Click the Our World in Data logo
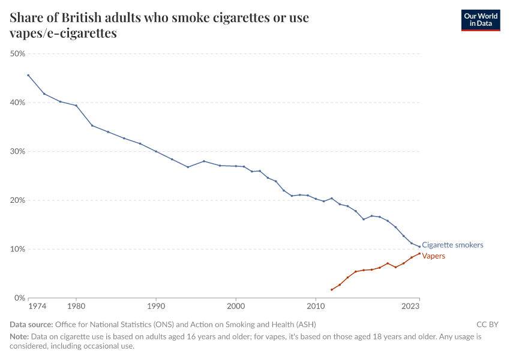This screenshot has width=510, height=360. pyautogui.click(x=480, y=20)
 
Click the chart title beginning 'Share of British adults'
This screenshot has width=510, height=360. pyautogui.click(x=159, y=25)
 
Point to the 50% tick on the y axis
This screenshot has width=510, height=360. pyautogui.click(x=17, y=53)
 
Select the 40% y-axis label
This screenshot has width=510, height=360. pyautogui.click(x=17, y=103)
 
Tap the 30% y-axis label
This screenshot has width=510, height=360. pyautogui.click(x=17, y=151)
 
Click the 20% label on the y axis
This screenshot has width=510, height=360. pyautogui.click(x=17, y=200)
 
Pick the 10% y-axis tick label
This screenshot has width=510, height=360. pyautogui.click(x=17, y=249)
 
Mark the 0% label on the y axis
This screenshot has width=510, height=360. pyautogui.click(x=19, y=298)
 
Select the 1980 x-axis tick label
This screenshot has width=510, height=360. pyautogui.click(x=76, y=307)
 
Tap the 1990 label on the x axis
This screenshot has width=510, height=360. pyautogui.click(x=156, y=307)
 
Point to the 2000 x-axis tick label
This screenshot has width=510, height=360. pyautogui.click(x=236, y=307)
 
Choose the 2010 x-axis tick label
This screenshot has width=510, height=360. pyautogui.click(x=316, y=307)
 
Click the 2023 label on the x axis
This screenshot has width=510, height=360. pyautogui.click(x=411, y=307)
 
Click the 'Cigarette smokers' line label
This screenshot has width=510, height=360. pyautogui.click(x=452, y=245)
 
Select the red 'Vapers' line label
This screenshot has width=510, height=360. pyautogui.click(x=434, y=256)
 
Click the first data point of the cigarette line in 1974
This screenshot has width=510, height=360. pyautogui.click(x=28, y=75)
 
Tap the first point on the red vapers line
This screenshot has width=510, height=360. pyautogui.click(x=332, y=290)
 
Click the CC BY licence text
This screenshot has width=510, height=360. pyautogui.click(x=487, y=325)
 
